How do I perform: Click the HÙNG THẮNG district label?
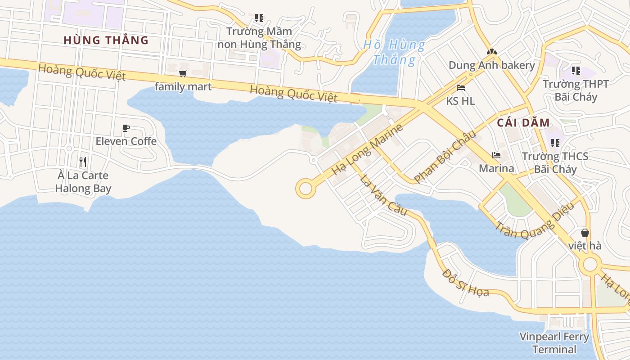pyautogui.click(x=106, y=40)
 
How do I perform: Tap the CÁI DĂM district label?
pyautogui.click(x=523, y=123)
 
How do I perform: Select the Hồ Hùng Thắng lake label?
pyautogui.click(x=394, y=52)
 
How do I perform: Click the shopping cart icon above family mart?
pyautogui.click(x=183, y=73)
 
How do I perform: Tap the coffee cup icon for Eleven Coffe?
pyautogui.click(x=126, y=128)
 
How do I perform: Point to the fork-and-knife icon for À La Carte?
pyautogui.click(x=83, y=162)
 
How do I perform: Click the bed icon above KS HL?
pyautogui.click(x=460, y=88)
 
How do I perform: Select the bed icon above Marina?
pyautogui.click(x=496, y=155)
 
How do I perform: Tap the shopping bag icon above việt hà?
pyautogui.click(x=585, y=233)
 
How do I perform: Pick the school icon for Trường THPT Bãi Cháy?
pyautogui.click(x=576, y=71)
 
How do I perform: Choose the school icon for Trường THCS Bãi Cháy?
pyautogui.click(x=555, y=143)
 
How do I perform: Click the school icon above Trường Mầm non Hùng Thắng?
pyautogui.click(x=259, y=18)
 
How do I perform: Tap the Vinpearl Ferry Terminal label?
pyautogui.click(x=554, y=343)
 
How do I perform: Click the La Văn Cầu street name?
pyautogui.click(x=383, y=195)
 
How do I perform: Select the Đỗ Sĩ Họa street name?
pyautogui.click(x=465, y=283)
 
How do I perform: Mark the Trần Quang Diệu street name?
pyautogui.click(x=535, y=220)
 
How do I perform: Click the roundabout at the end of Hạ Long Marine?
pyautogui.click(x=305, y=188)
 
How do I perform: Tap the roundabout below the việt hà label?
pyautogui.click(x=590, y=265)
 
